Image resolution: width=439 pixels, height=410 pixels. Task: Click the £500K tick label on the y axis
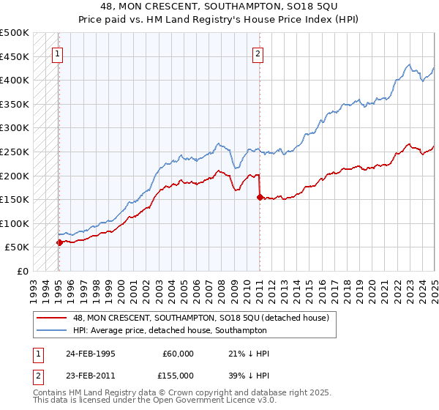[15, 33]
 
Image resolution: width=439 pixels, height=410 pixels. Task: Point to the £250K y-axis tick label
[15, 152]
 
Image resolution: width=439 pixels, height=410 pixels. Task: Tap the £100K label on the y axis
[15, 223]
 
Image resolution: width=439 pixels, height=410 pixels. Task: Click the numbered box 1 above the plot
[58, 53]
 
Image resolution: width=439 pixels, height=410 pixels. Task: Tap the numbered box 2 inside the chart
[258, 53]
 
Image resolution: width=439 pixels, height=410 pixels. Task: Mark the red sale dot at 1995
[59, 242]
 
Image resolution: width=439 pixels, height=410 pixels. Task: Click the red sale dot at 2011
[260, 197]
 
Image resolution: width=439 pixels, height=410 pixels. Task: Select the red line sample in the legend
[50, 318]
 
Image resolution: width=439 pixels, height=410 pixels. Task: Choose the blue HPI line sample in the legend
[50, 330]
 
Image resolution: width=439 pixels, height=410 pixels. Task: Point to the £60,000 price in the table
[179, 354]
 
